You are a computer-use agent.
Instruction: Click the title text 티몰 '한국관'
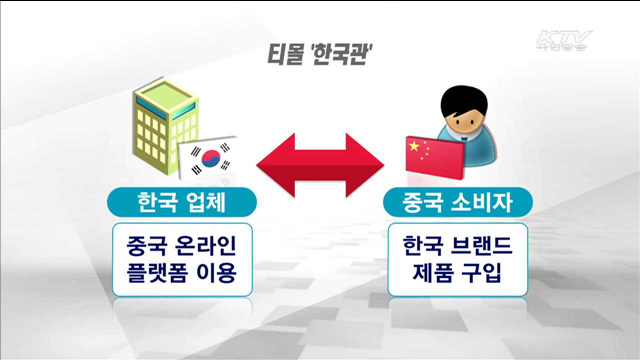320,55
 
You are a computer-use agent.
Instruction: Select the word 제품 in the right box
432,272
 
